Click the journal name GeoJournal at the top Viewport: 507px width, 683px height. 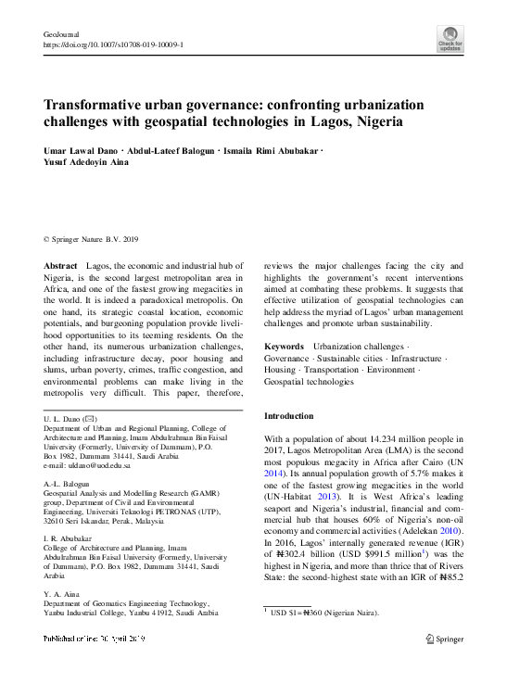tap(57, 34)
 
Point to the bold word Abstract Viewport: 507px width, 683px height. tap(60, 265)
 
